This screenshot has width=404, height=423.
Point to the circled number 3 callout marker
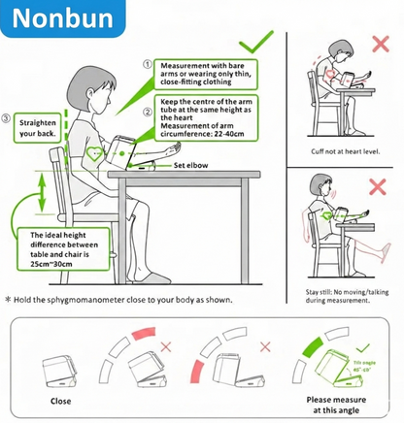(x=7, y=119)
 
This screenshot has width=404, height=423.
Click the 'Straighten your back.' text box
(x=38, y=130)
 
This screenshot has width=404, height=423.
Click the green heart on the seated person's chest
(x=93, y=153)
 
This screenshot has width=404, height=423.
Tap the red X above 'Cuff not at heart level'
(x=379, y=46)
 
